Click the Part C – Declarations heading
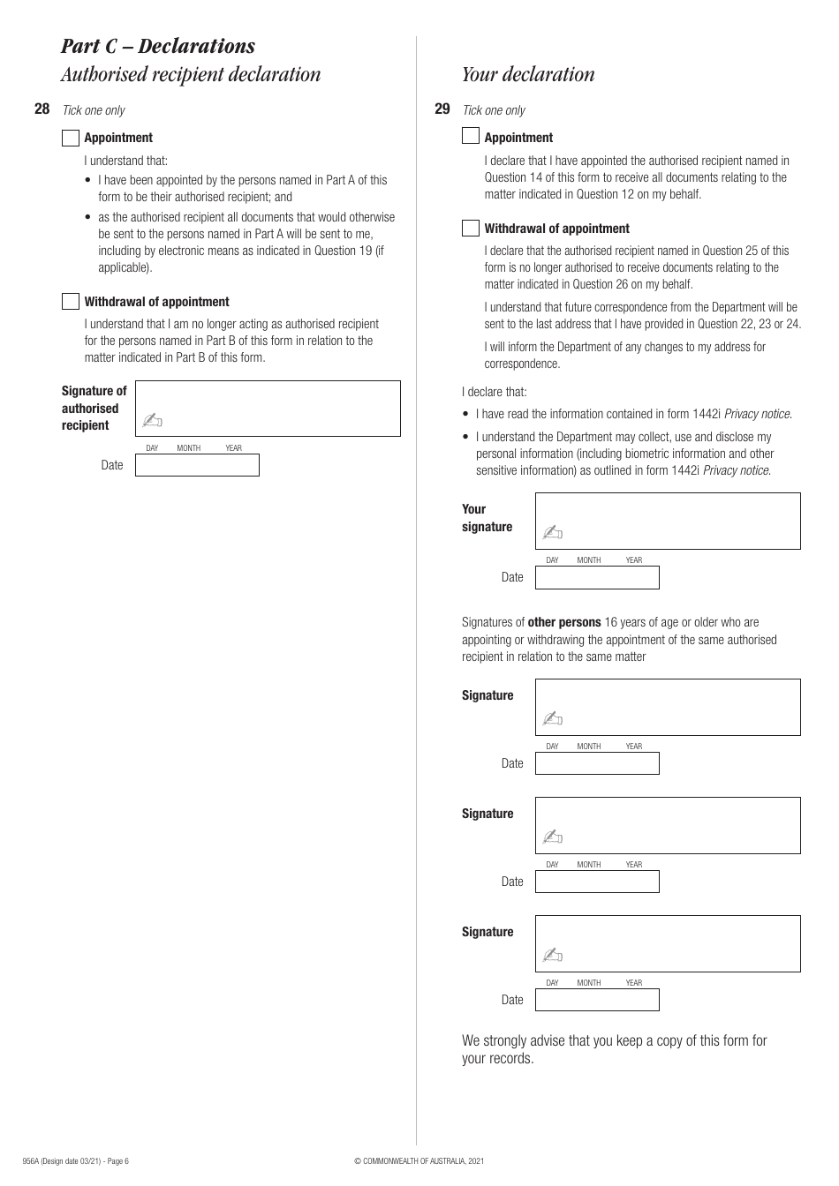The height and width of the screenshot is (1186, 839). click(158, 46)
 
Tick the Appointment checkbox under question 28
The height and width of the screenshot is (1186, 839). click(71, 138)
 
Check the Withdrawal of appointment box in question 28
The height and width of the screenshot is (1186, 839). click(71, 302)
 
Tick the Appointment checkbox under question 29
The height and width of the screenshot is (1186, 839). click(471, 136)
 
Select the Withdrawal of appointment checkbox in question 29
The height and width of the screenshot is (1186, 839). click(471, 229)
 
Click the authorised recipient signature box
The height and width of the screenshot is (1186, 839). click(268, 409)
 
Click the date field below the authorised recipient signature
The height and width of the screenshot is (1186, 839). click(197, 465)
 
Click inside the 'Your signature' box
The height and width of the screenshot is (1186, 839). click(668, 521)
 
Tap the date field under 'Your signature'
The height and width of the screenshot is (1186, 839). click(597, 578)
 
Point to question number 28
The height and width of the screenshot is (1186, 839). click(42, 109)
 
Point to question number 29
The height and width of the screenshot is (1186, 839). click(442, 109)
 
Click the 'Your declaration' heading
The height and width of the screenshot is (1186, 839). click(528, 74)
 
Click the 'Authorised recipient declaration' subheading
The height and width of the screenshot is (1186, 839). click(191, 74)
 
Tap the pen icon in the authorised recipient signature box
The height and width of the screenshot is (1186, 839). click(152, 421)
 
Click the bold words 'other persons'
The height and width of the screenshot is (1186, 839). click(563, 622)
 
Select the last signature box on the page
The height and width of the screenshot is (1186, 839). click(668, 943)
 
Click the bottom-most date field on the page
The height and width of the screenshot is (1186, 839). click(597, 1000)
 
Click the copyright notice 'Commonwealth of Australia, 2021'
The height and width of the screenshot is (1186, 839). click(419, 1161)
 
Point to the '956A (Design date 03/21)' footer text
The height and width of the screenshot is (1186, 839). click(75, 1161)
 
